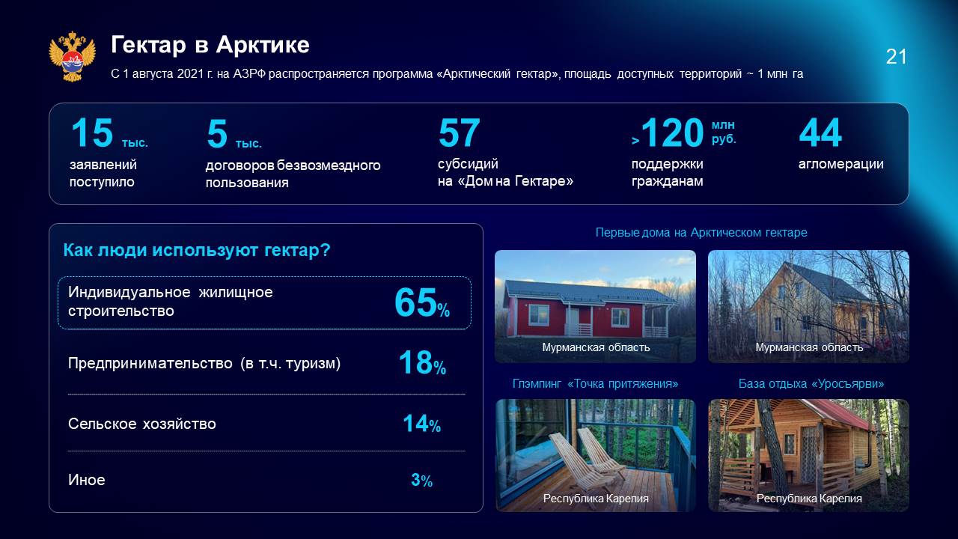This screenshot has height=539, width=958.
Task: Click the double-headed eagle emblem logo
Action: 73,56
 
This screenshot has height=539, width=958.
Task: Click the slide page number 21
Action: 896,57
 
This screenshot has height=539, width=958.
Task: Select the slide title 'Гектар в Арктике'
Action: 210,44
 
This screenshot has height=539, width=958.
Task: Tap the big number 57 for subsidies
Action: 459,133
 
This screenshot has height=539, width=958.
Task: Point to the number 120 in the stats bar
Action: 672,133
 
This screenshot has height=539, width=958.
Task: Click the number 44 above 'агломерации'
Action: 820,133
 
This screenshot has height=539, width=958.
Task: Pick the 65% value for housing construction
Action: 421,302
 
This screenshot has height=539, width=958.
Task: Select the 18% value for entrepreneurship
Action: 422,363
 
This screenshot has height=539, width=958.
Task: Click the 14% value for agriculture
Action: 421,424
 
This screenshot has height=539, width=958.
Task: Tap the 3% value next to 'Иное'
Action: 421,480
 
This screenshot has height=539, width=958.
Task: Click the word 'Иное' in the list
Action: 86,480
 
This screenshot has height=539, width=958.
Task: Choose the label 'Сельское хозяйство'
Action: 142,424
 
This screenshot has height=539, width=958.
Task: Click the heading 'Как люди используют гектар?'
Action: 197,250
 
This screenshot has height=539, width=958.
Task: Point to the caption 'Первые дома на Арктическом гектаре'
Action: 701,232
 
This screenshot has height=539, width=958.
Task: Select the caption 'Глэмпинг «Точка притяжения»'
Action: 595,383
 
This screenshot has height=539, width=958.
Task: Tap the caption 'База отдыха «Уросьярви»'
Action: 811,383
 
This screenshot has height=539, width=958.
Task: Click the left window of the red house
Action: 539,315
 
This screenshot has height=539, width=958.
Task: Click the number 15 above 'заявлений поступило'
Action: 92,133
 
